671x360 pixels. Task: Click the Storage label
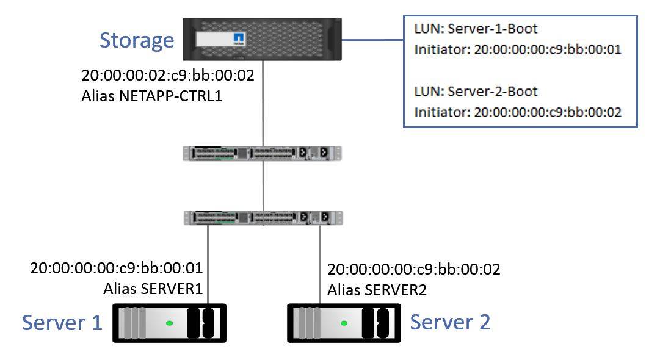pyautogui.click(x=137, y=40)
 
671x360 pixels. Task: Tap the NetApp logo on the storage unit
pyautogui.click(x=239, y=40)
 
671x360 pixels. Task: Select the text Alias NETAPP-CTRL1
pyautogui.click(x=150, y=96)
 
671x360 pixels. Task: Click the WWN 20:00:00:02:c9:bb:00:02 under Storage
pyautogui.click(x=167, y=76)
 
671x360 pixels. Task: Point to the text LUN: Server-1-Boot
pyautogui.click(x=476, y=29)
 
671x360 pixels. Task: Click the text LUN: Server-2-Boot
pyautogui.click(x=476, y=92)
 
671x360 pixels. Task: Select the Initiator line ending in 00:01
pyautogui.click(x=517, y=50)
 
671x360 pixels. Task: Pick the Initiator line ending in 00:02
pyautogui.click(x=517, y=112)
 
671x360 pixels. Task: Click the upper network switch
pyautogui.click(x=263, y=153)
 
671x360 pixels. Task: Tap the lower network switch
pyautogui.click(x=263, y=217)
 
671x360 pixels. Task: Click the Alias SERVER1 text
pyautogui.click(x=153, y=289)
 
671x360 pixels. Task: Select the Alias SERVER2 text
pyautogui.click(x=377, y=290)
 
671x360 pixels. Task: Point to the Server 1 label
pyautogui.click(x=62, y=322)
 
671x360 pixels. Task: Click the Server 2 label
pyautogui.click(x=450, y=322)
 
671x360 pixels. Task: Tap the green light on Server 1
pyautogui.click(x=169, y=323)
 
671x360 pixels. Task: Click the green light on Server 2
pyautogui.click(x=344, y=323)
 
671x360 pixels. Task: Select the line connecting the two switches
pyautogui.click(x=263, y=185)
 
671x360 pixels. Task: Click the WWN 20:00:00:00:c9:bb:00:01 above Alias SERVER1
pyautogui.click(x=116, y=268)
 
